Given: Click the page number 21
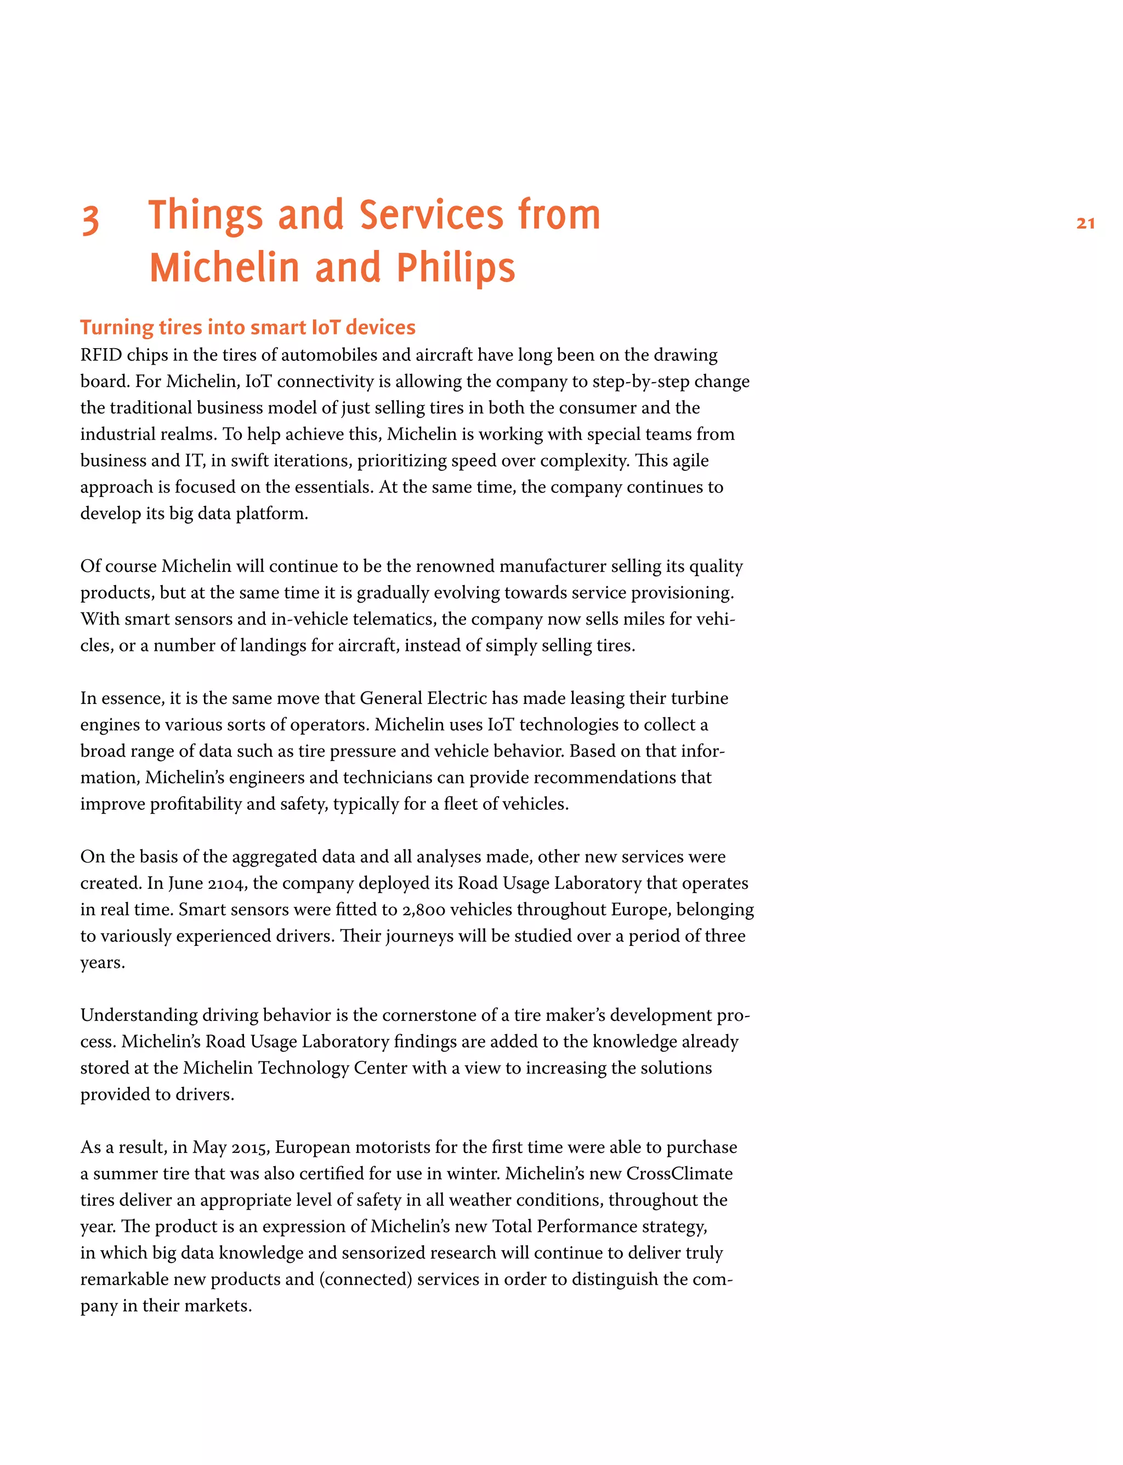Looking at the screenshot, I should [x=1085, y=223].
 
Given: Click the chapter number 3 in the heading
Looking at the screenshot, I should [x=90, y=219].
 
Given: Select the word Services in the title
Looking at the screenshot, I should [x=431, y=215].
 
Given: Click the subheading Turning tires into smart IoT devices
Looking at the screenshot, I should [x=247, y=327].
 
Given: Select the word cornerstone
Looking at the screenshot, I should [x=424, y=1015].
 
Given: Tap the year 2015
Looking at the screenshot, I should [x=250, y=1148].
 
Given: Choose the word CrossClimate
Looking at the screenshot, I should [x=679, y=1174].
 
